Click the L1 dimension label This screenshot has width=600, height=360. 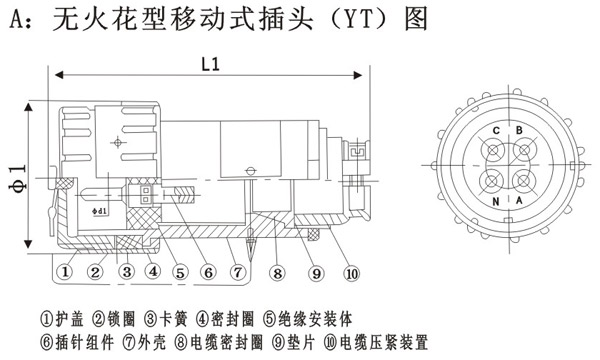[210, 64]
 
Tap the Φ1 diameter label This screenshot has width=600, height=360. [18, 177]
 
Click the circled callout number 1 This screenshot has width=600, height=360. [64, 272]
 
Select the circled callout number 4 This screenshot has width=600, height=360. [153, 271]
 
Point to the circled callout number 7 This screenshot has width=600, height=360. [238, 272]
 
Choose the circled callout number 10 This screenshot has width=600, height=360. [352, 274]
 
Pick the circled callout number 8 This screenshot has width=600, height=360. [277, 273]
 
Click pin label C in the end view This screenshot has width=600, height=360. [496, 131]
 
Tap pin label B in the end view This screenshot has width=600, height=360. [519, 130]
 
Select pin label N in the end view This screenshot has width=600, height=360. [496, 201]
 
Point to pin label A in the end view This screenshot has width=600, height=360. [519, 200]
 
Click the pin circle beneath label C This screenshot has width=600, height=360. [493, 151]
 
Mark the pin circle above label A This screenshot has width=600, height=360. [523, 180]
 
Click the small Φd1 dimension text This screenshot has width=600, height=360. [100, 210]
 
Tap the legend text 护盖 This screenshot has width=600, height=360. [69, 319]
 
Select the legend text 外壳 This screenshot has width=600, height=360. [152, 342]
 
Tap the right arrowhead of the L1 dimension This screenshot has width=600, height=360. [357, 75]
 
